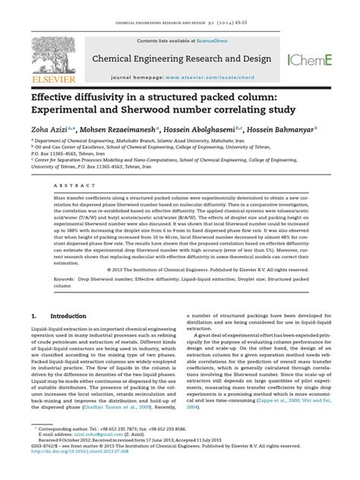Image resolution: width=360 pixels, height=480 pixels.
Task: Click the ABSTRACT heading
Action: tap(51, 185)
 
